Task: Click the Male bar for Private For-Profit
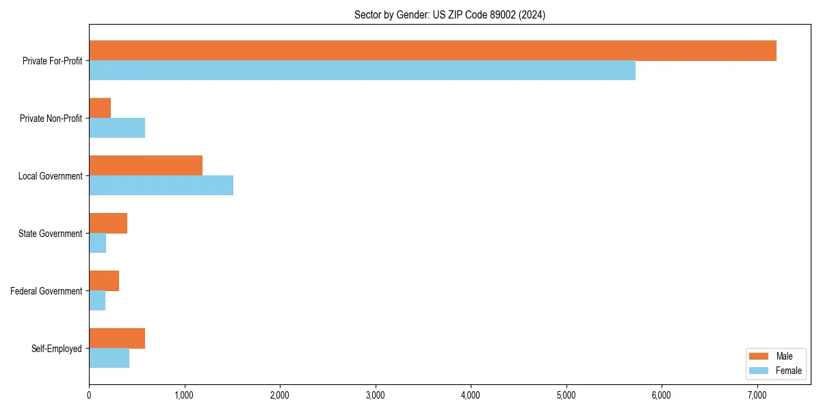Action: pos(432,51)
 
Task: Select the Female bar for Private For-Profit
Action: pos(362,71)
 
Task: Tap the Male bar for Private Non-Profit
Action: pos(100,108)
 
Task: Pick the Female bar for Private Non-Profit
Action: pos(117,128)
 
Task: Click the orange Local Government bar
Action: pos(146,166)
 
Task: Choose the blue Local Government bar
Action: pos(161,186)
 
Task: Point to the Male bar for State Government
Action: pos(108,223)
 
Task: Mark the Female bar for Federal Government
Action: pos(97,301)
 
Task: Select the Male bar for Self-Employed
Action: pos(117,338)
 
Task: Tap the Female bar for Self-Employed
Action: pos(109,358)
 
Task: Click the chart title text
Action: pos(449,14)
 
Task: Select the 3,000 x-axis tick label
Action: pos(375,395)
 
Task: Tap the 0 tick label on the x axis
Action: pos(89,395)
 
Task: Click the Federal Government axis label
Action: pos(47,291)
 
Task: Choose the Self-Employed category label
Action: pos(57,349)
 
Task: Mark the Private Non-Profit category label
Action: pos(51,119)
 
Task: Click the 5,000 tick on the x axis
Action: pos(566,395)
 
